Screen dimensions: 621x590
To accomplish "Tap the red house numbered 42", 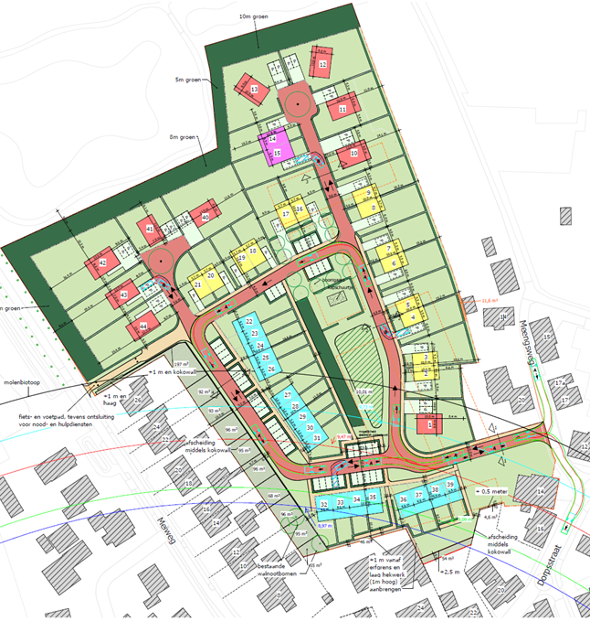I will pyautogui.click(x=103, y=263).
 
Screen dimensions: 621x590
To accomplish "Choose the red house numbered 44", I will pyautogui.click(x=142, y=326).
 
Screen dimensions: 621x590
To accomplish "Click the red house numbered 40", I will pyautogui.click(x=204, y=218).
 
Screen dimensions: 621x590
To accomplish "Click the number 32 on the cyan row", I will pyautogui.click(x=324, y=504).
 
